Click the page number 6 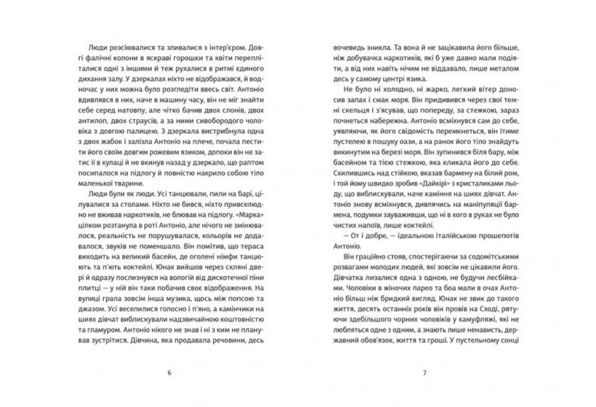point(170,374)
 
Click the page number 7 point(424,374)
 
